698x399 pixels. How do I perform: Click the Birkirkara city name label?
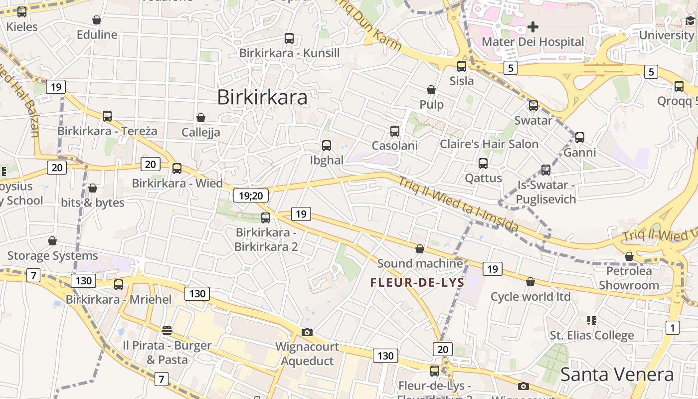(x=262, y=97)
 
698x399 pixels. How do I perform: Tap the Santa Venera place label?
(x=617, y=374)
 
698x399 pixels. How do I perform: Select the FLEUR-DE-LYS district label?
(x=417, y=283)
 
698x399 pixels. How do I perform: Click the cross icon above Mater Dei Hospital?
(x=533, y=26)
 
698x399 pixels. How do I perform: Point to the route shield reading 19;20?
(x=251, y=196)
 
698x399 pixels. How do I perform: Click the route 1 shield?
(x=672, y=328)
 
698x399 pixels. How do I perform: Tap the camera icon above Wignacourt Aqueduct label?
(x=307, y=332)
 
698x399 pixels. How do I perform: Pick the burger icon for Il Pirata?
(x=167, y=330)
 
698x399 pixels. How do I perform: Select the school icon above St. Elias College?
(x=592, y=320)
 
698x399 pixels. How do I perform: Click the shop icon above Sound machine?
(x=420, y=249)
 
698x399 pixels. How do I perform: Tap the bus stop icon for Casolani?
(x=395, y=131)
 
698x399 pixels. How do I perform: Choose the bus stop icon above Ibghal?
(x=327, y=146)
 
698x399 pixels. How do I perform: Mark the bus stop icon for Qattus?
(x=483, y=164)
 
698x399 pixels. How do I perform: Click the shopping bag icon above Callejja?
(x=201, y=118)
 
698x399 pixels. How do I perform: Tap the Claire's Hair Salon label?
(x=489, y=144)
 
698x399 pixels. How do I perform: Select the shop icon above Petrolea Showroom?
(x=629, y=256)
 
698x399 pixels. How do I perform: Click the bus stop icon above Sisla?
(x=462, y=66)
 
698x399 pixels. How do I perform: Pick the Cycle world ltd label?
(x=530, y=297)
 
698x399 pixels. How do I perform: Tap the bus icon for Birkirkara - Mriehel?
(x=119, y=285)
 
